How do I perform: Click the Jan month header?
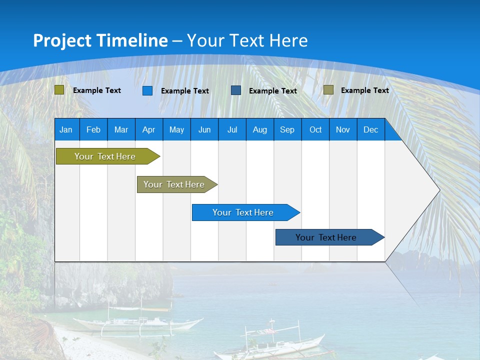(66, 129)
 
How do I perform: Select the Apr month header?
(148, 129)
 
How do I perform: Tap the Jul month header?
(232, 129)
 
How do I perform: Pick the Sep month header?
(287, 129)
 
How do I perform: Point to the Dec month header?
(370, 129)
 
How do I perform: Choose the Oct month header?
(315, 129)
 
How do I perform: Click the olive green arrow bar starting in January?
(105, 156)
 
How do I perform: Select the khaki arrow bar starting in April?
(174, 184)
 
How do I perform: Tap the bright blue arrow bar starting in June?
(243, 212)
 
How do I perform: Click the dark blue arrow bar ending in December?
(326, 237)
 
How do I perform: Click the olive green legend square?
(59, 90)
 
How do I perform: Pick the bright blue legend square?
(147, 90)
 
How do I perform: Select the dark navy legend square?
(236, 90)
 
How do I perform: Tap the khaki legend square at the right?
(328, 90)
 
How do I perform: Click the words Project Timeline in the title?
(100, 40)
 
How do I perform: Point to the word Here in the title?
(288, 40)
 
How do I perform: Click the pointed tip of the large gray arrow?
(438, 190)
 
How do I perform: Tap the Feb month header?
(93, 129)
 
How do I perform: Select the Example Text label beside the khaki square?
(364, 90)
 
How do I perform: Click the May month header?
(176, 129)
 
